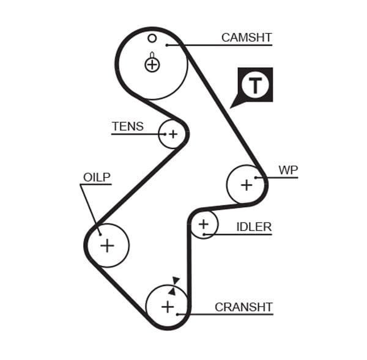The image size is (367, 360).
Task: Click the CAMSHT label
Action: (x=246, y=37)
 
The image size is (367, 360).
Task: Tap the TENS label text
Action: (x=127, y=127)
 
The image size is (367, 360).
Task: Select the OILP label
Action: (x=97, y=177)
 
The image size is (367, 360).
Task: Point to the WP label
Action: (x=288, y=170)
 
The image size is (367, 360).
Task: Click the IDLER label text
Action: (x=254, y=227)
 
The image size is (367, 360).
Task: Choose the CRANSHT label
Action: (x=243, y=307)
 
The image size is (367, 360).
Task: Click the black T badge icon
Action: (x=254, y=85)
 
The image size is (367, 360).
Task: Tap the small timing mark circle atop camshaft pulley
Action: (x=152, y=38)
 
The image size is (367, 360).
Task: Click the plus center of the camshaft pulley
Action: (x=152, y=64)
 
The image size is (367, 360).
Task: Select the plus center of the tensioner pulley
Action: (x=173, y=134)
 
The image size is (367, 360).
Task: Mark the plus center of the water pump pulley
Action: (x=247, y=184)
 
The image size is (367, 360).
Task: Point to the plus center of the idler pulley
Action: (x=204, y=225)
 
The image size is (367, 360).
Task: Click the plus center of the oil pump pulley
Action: (x=107, y=246)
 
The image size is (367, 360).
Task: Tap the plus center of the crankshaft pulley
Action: (x=168, y=306)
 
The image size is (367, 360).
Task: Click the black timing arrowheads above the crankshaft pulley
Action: (x=174, y=286)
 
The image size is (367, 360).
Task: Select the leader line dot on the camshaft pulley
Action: (x=166, y=45)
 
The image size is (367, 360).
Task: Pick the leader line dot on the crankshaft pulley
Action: (x=177, y=314)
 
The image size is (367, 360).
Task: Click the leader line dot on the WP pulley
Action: (x=257, y=178)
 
